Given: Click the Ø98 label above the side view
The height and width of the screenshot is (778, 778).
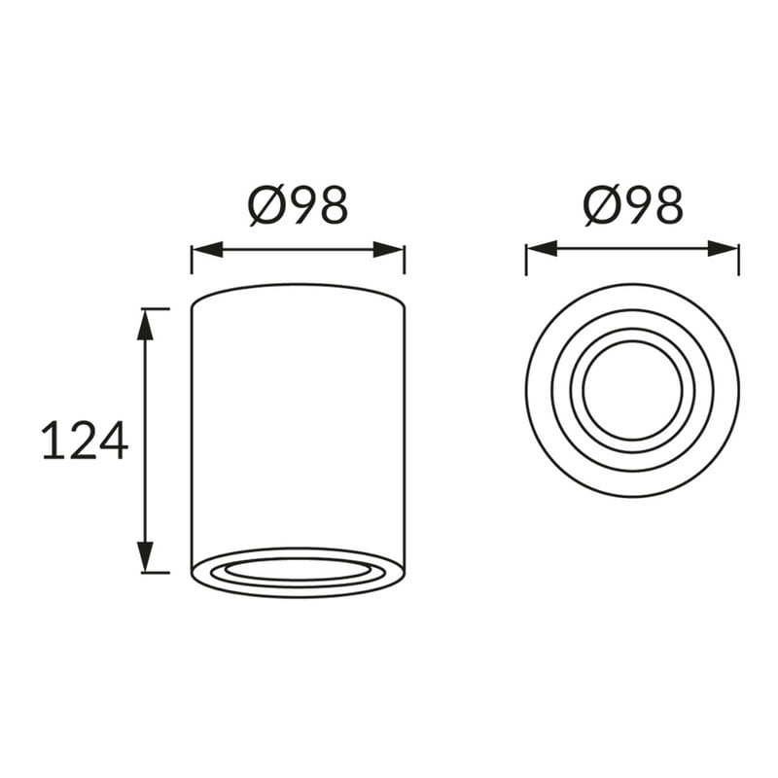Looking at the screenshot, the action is pyautogui.click(x=298, y=205).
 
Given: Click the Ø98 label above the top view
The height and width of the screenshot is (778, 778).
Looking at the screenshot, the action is pyautogui.click(x=633, y=205).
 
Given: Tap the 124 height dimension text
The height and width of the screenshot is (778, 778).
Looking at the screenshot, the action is pyautogui.click(x=85, y=441).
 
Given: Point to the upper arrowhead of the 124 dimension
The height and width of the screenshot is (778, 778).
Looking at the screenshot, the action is pyautogui.click(x=144, y=324).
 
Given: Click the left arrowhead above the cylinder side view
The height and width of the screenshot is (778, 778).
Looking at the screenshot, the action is pyautogui.click(x=207, y=250).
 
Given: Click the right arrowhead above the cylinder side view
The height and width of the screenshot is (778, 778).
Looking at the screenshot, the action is pyautogui.click(x=389, y=250).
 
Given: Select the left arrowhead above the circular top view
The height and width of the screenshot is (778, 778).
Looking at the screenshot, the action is pyautogui.click(x=542, y=250).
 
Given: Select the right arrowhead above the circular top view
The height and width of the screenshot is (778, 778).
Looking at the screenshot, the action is pyautogui.click(x=724, y=250).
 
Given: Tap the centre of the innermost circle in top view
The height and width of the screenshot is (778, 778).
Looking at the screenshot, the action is pyautogui.click(x=633, y=391).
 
